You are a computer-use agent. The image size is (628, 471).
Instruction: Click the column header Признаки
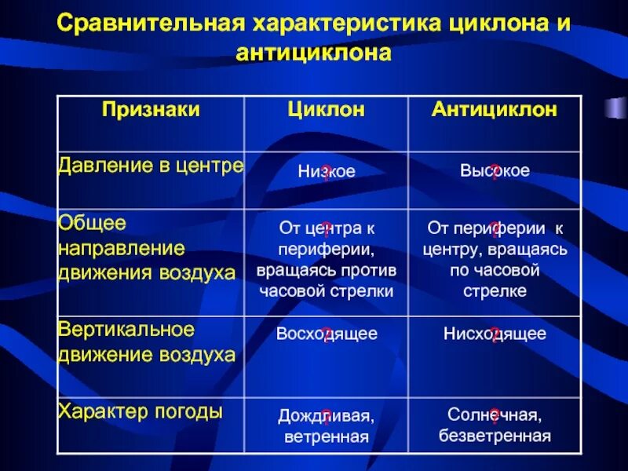point(151,110)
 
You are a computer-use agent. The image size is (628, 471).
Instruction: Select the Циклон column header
point(327,110)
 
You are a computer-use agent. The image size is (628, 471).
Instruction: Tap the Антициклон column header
point(495,110)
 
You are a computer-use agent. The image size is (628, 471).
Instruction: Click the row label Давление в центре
point(151,166)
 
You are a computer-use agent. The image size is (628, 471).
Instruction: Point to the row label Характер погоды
point(141,411)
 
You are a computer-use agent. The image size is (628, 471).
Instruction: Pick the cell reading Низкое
point(327,172)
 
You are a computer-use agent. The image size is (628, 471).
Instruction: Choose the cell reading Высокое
point(495,170)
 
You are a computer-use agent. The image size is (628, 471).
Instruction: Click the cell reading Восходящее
point(327,334)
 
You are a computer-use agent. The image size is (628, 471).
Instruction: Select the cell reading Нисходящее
point(495,334)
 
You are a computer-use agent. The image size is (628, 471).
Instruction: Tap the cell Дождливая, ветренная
point(327,425)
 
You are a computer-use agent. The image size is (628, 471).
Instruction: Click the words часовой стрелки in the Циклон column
point(327,290)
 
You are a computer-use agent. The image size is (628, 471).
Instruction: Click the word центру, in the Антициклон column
point(451,249)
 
